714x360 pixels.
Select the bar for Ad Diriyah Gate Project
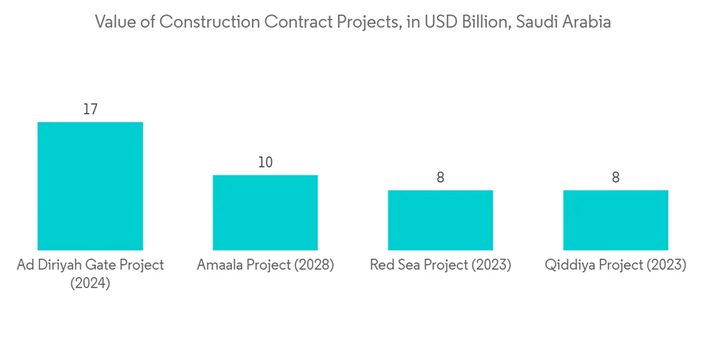click(x=90, y=186)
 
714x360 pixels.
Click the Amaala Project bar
click(x=265, y=212)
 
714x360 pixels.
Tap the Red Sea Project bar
click(x=440, y=220)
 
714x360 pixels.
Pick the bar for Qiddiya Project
click(x=615, y=220)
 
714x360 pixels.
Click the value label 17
click(x=90, y=109)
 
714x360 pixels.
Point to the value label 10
click(x=265, y=162)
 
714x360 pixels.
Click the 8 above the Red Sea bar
click(x=440, y=177)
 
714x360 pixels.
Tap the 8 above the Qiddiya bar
click(x=615, y=177)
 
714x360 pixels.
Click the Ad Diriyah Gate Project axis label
click(x=90, y=265)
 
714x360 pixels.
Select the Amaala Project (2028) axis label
click(x=265, y=265)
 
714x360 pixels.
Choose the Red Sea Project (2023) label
click(x=440, y=265)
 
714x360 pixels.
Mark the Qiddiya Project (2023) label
click(x=615, y=265)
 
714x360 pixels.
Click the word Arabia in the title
click(x=588, y=22)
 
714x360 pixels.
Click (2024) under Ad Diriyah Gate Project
click(x=90, y=284)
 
